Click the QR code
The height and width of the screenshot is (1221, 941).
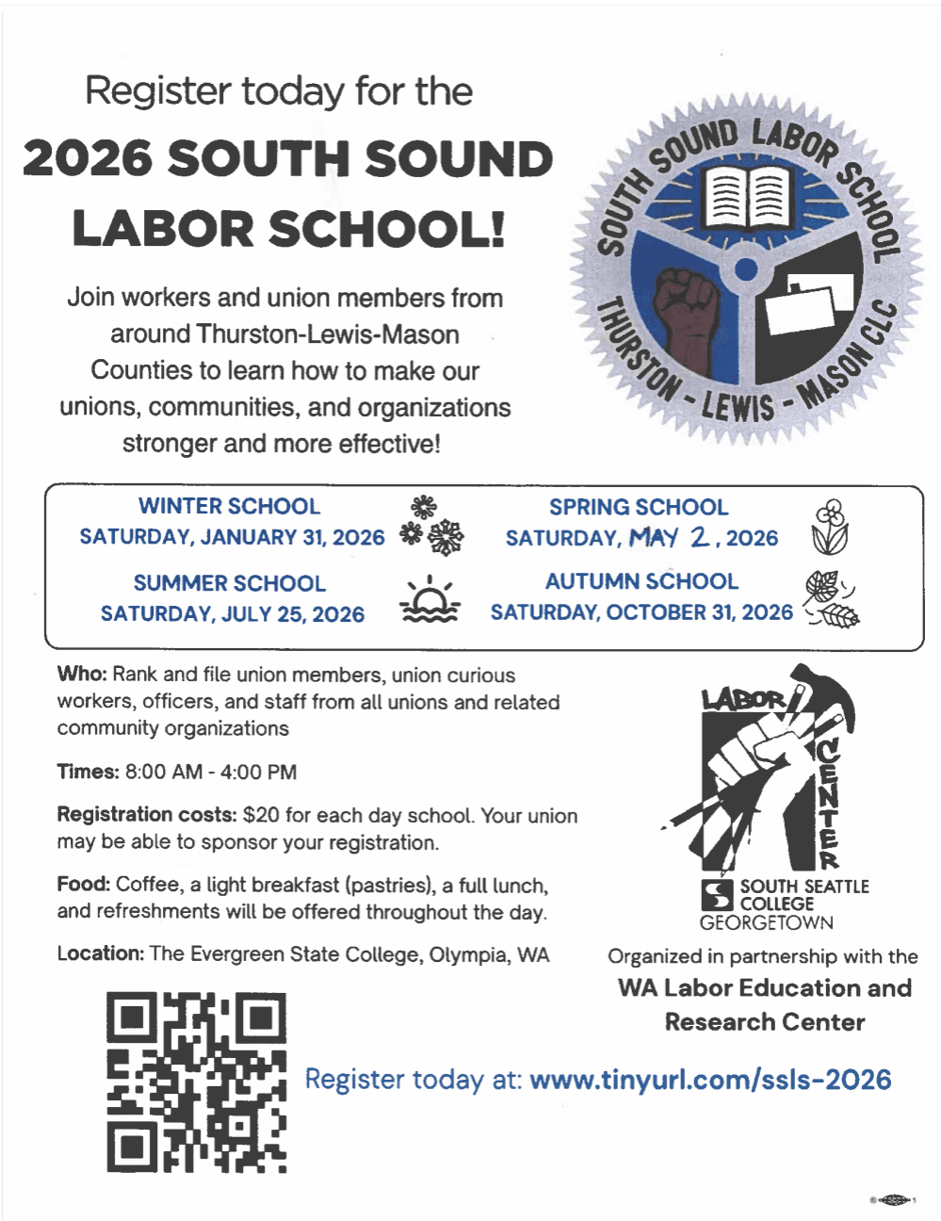click(196, 1082)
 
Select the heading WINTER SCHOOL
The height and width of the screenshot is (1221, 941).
click(229, 506)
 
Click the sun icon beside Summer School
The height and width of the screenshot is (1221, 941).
click(430, 600)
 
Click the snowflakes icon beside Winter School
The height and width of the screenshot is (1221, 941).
click(432, 524)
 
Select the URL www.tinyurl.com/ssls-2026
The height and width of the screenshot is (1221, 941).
click(710, 1080)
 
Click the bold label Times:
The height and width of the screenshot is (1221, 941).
click(88, 772)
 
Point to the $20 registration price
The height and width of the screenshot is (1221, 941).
click(261, 815)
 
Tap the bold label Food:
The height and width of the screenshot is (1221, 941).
click(84, 885)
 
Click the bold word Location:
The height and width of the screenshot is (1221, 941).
click(100, 953)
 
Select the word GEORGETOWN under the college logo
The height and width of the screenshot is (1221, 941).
click(766, 922)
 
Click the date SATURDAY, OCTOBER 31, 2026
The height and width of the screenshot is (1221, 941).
click(641, 612)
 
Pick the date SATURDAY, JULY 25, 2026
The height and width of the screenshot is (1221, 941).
click(233, 614)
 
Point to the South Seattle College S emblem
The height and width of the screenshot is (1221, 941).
click(718, 894)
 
